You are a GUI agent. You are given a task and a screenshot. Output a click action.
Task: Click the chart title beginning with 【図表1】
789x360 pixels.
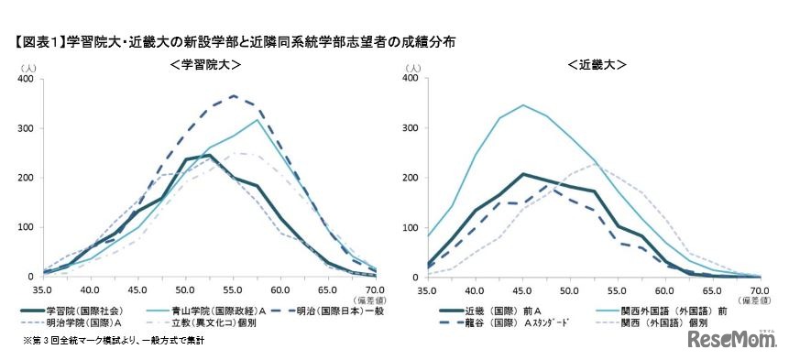point(234,41)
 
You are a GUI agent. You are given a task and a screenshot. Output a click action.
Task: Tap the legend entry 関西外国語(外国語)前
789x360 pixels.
point(647,311)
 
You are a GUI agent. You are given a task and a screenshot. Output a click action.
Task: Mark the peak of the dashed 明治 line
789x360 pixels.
point(234,95)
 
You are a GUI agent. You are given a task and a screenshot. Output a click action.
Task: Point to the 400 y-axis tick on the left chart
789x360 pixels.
point(25,80)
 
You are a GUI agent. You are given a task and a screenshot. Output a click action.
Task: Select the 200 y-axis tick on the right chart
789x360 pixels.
point(410,178)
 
